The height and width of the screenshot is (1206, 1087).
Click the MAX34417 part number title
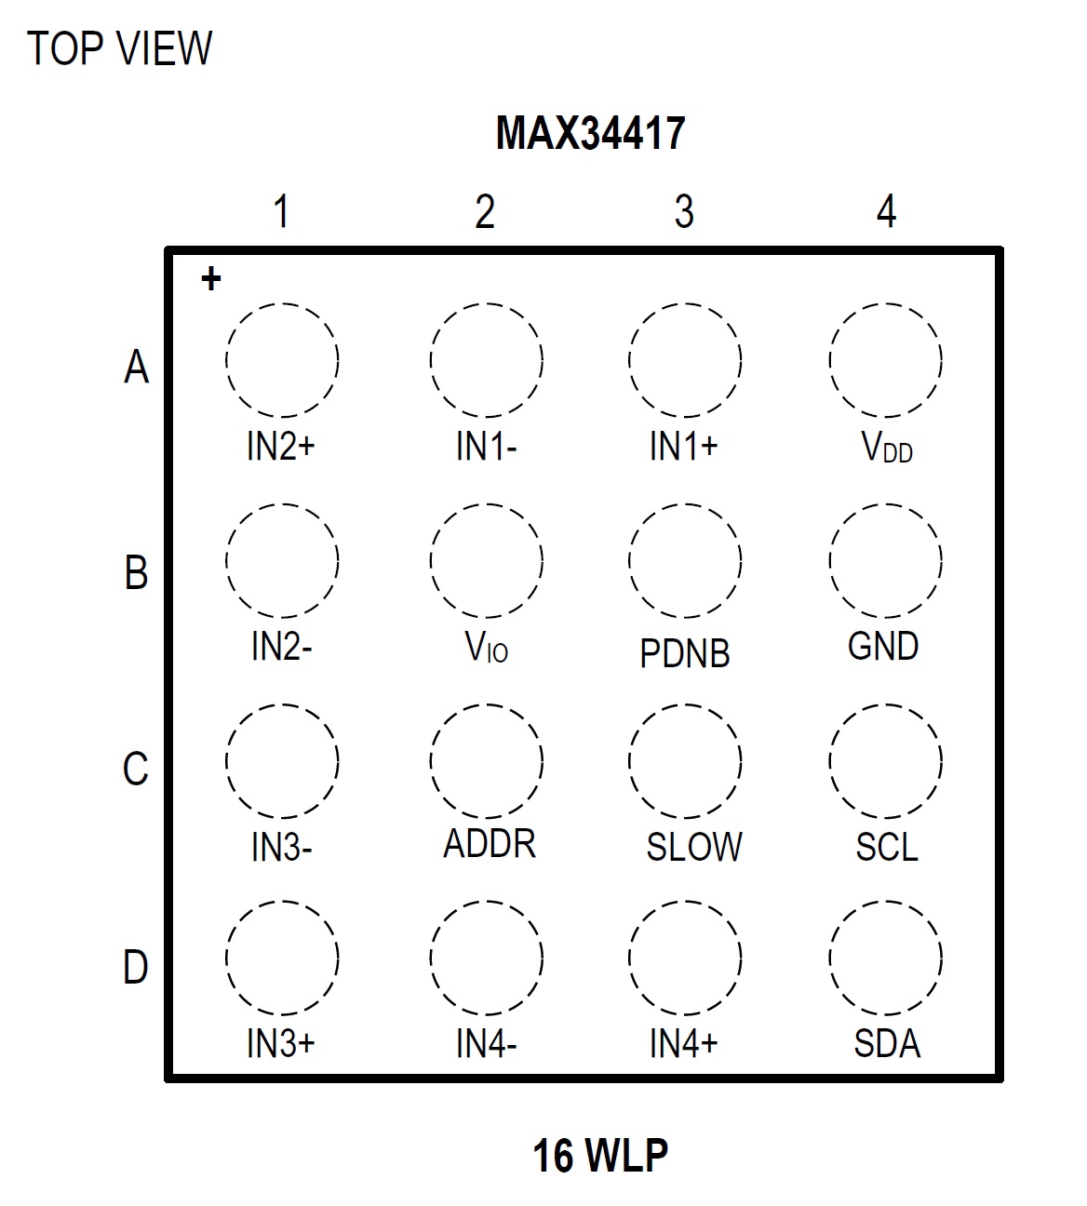590,133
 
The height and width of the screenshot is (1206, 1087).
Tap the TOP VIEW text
119,48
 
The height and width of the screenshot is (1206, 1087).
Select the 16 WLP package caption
599,1155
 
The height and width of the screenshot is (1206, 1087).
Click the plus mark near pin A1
211,278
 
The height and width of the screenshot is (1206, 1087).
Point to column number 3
684,212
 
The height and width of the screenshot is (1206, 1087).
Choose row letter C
136,770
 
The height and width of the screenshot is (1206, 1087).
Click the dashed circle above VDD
885,359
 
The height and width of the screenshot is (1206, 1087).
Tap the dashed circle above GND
885,560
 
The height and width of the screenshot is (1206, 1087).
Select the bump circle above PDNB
685,560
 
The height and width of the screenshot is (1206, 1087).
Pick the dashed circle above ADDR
487,761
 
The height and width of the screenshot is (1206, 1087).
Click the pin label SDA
887,1044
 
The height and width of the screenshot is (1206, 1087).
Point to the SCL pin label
887,847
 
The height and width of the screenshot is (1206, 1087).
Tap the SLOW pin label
694,847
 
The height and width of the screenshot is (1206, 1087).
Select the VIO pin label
487,647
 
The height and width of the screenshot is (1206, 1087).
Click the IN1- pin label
486,447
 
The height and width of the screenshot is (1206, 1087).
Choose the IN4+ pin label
684,1044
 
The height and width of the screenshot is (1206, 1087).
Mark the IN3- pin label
281,848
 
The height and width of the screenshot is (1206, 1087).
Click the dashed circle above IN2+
281,359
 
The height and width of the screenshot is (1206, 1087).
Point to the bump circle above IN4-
487,958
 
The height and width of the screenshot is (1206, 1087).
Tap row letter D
136,968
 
